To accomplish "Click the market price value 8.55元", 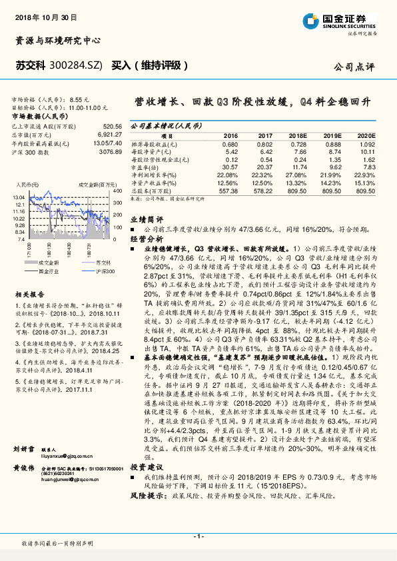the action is (79, 99).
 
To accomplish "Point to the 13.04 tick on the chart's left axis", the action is (18, 198).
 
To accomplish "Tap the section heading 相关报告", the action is (31, 292).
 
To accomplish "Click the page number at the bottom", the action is (198, 536).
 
